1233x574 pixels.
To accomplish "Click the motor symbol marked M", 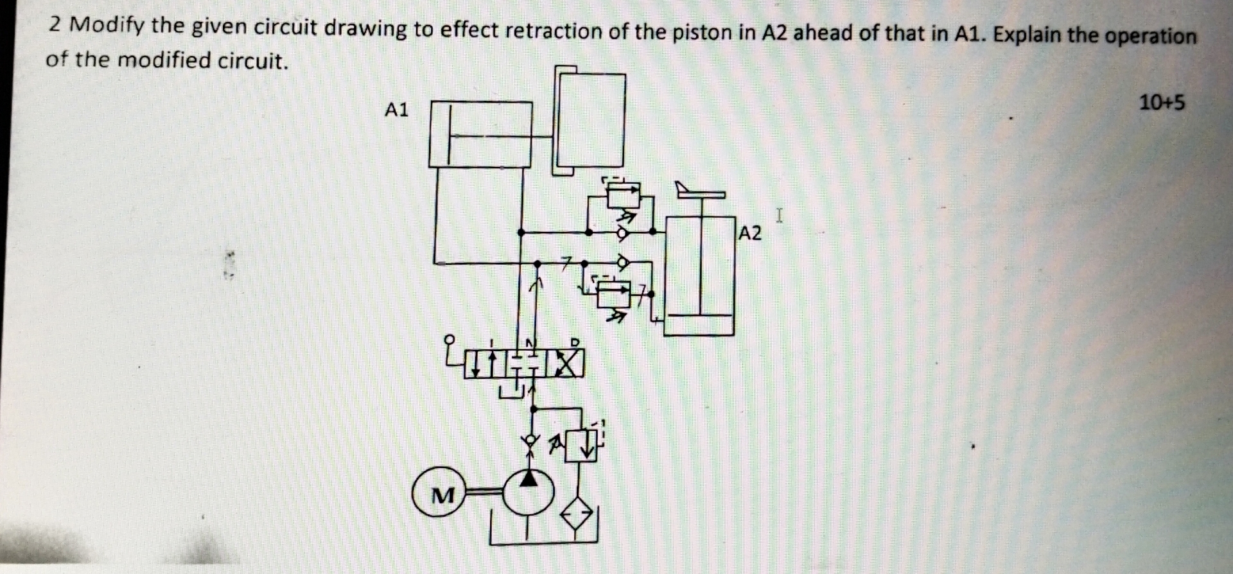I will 442,494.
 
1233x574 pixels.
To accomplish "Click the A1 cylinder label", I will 396,110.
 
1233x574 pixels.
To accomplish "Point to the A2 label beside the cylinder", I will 749,233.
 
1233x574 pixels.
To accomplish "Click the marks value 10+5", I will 1162,103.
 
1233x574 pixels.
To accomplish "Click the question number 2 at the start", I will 56,25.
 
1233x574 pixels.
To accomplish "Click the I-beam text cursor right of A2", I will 779,216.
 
